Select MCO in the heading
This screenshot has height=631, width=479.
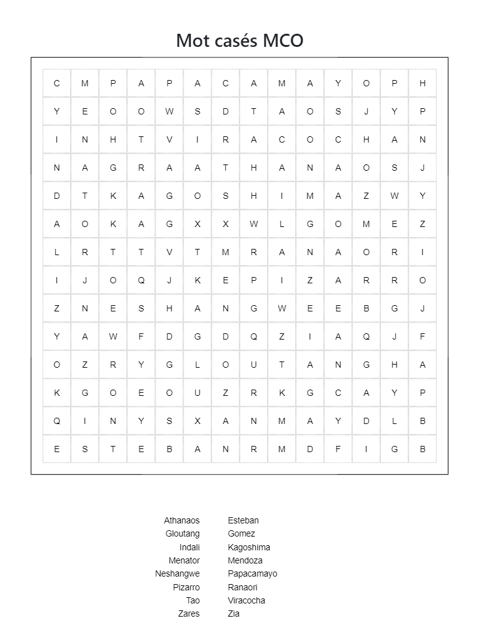(283, 41)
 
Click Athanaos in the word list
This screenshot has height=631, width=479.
(182, 520)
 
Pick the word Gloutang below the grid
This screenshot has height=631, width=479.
(183, 533)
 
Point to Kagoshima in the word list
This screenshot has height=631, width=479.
(249, 547)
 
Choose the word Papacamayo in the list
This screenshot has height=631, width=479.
(253, 573)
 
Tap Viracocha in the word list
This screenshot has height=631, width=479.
(246, 600)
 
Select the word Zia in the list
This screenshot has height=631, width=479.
(234, 613)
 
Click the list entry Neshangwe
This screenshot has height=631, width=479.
(178, 573)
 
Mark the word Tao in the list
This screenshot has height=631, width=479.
(193, 600)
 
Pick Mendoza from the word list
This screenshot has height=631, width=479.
(245, 560)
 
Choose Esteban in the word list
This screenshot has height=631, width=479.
(243, 520)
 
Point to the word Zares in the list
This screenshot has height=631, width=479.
(189, 613)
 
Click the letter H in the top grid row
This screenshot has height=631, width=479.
(423, 83)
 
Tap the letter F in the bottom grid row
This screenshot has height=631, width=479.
(338, 448)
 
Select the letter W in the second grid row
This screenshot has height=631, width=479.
(169, 111)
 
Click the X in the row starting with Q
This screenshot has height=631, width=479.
(198, 421)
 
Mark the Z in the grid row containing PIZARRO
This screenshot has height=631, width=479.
(310, 280)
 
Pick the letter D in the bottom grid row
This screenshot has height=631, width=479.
(310, 448)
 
